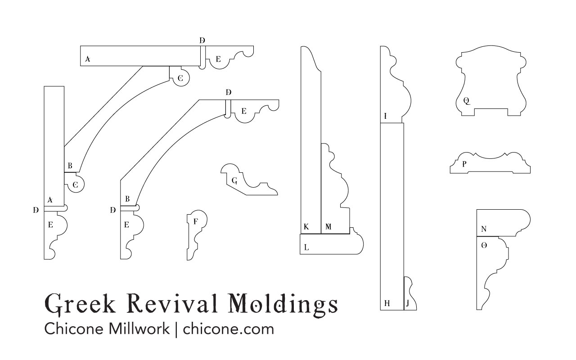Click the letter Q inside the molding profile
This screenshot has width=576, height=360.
coord(467,101)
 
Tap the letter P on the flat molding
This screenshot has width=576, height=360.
coord(464,164)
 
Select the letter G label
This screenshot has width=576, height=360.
coord(234,181)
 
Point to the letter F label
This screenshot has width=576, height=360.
coord(195,221)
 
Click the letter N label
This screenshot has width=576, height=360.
coord(484,229)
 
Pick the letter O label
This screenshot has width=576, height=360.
coord(484,246)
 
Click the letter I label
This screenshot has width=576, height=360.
coord(385,117)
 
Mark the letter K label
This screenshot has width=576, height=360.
coord(306,227)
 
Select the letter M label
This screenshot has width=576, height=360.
coord(328,227)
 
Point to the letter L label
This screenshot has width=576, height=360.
coord(306,247)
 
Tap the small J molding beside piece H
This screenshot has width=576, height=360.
coord(409,295)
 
